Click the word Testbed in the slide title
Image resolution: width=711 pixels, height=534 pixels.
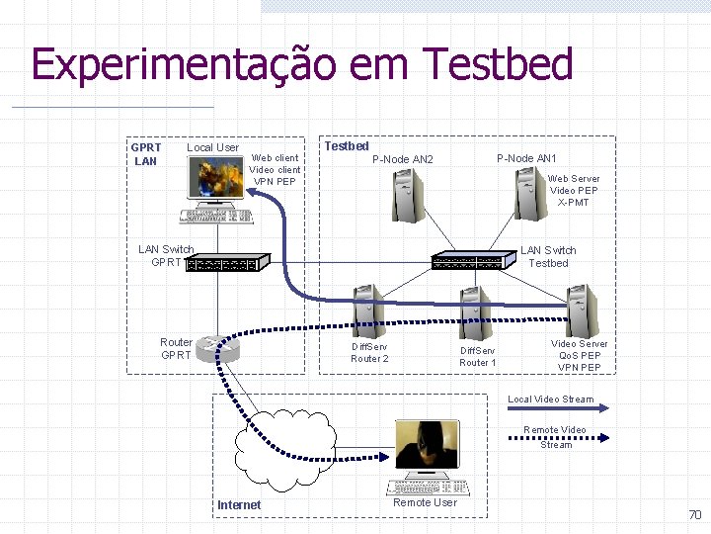tap(499, 65)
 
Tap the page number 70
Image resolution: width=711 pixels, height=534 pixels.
tap(694, 515)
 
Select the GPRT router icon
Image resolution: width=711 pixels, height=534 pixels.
tap(217, 349)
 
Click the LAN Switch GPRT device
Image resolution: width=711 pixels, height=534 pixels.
tap(227, 264)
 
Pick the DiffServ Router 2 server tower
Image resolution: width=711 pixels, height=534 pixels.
tap(366, 311)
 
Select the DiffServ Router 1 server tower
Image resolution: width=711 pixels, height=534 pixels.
tap(475, 313)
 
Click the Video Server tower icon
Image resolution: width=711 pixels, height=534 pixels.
tap(581, 311)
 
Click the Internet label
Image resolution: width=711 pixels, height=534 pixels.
tap(239, 505)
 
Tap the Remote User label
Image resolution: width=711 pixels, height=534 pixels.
tap(425, 503)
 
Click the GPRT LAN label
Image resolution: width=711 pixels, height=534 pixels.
tap(146, 154)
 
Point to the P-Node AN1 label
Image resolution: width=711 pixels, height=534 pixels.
tap(526, 158)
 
